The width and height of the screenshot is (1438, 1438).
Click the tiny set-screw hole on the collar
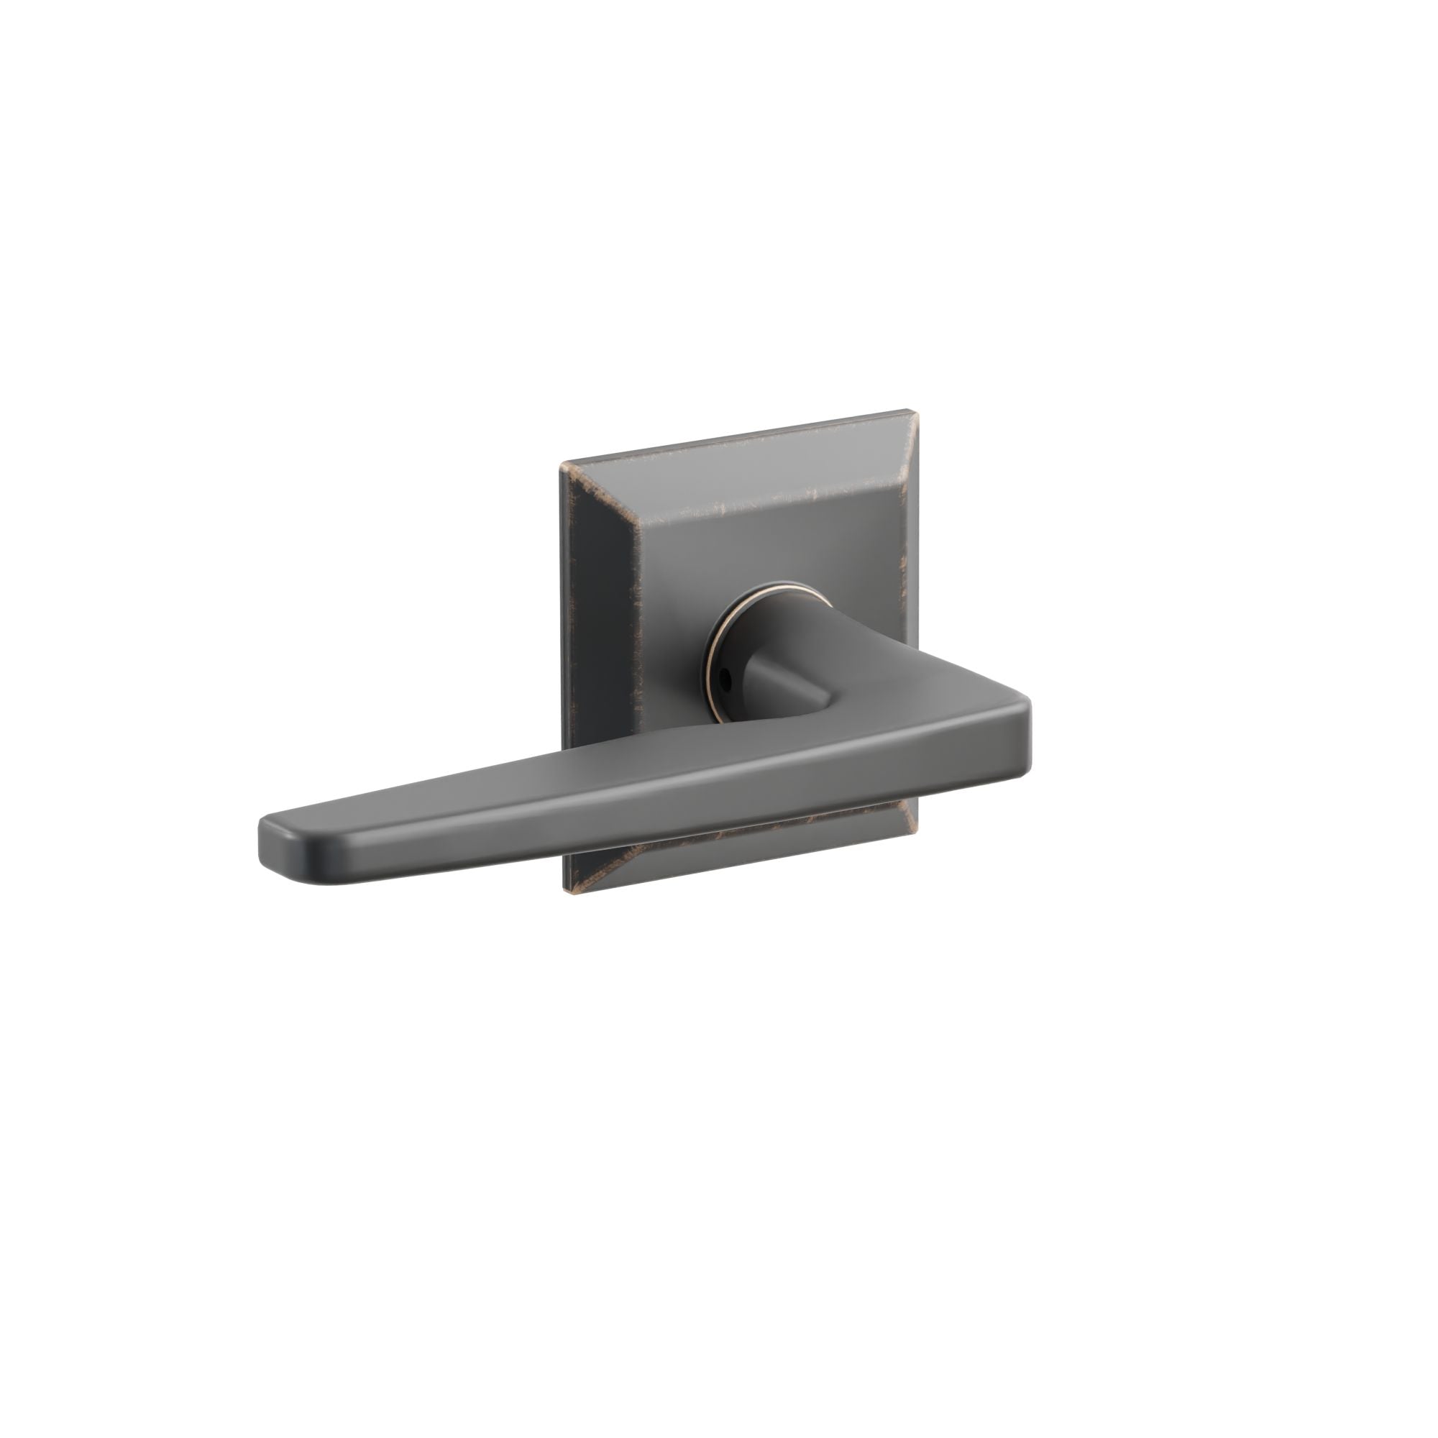coord(725,679)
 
